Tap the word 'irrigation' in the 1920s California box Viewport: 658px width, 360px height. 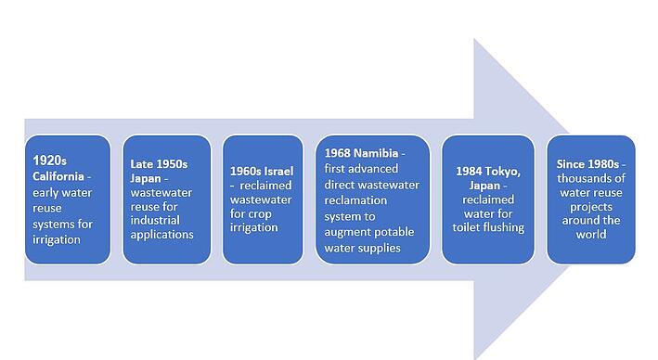tap(58, 239)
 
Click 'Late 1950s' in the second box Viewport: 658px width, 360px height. tap(159, 164)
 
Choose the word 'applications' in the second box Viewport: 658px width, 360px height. tap(161, 235)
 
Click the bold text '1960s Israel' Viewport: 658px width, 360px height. tap(262, 171)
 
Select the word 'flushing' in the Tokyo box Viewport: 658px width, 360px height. tap(508, 227)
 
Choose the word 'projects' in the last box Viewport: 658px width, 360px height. tap(590, 207)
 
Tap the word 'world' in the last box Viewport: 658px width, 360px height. tap(590, 234)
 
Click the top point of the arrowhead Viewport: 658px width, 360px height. tap(474, 39)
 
